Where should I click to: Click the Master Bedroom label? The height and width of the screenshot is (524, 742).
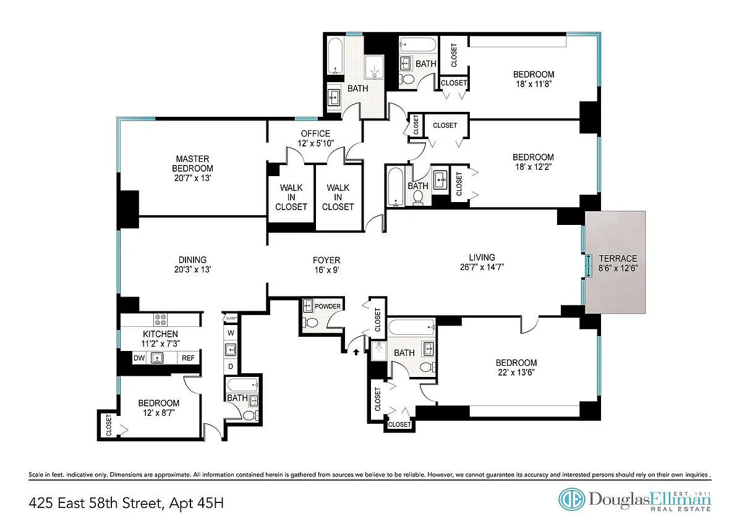[x=192, y=164]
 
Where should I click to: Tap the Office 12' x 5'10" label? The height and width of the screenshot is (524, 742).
[x=315, y=138]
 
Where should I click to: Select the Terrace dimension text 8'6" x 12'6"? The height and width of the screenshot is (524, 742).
[x=618, y=268]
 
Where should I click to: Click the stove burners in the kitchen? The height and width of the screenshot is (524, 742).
[x=160, y=319]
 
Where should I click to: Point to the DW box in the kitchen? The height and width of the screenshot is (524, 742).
[x=139, y=358]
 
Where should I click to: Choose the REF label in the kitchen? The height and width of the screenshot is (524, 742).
[x=188, y=358]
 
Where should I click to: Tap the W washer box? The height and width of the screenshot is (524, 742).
[x=231, y=332]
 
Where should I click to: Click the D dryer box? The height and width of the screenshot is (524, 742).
[x=231, y=366]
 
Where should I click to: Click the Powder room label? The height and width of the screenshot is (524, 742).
[x=328, y=306]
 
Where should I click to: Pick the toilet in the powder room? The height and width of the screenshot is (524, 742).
[x=310, y=322]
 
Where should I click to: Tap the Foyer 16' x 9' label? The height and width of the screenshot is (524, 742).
[x=326, y=265]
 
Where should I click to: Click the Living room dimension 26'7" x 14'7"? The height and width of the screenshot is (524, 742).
[x=482, y=267]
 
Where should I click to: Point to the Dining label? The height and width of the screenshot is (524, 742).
[x=192, y=260]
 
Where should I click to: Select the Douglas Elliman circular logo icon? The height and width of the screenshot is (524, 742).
[x=571, y=499]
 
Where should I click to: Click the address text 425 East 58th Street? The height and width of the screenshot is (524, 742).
[x=96, y=504]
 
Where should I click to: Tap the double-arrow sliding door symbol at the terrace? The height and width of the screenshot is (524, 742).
[x=589, y=265]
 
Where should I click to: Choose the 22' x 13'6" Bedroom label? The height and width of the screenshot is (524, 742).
[x=516, y=368]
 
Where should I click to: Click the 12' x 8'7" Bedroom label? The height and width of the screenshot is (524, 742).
[x=159, y=408]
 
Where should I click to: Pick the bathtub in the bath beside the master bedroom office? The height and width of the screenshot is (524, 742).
[x=336, y=56]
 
